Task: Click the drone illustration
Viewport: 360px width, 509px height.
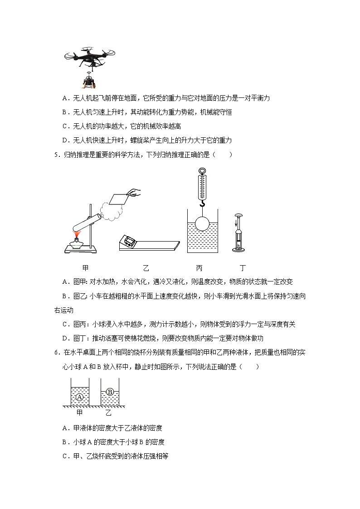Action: click(x=90, y=58)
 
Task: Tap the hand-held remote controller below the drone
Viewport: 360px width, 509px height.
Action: click(x=89, y=82)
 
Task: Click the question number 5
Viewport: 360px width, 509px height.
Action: click(x=56, y=155)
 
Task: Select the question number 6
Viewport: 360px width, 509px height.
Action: click(x=56, y=352)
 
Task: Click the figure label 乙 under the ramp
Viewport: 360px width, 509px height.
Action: click(x=146, y=268)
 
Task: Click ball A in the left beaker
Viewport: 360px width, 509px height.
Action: click(x=80, y=398)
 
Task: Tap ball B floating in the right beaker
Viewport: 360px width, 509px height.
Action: click(x=109, y=391)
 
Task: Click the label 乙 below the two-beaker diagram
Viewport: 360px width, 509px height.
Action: click(x=108, y=412)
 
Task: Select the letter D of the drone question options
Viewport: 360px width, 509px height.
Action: click(x=65, y=140)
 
